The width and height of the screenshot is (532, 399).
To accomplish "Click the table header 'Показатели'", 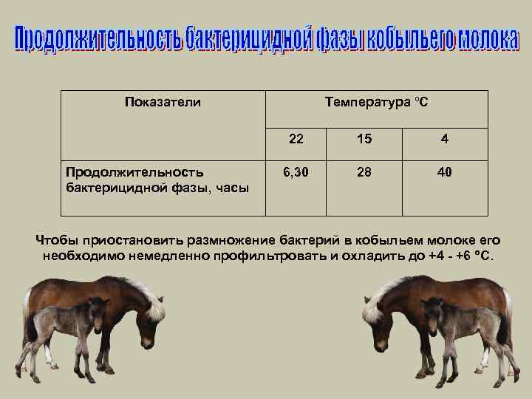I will [163, 102].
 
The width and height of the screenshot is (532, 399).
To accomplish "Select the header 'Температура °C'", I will [376, 102].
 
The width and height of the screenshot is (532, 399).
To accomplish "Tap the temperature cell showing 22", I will [296, 139].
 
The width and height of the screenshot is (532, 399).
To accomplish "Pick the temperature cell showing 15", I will [364, 139].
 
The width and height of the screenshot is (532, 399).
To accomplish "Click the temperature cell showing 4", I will [444, 139].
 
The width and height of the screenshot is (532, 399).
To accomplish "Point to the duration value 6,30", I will [296, 172].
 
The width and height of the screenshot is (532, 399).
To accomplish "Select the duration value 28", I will [364, 172].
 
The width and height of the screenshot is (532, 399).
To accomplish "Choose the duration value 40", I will [444, 172].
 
